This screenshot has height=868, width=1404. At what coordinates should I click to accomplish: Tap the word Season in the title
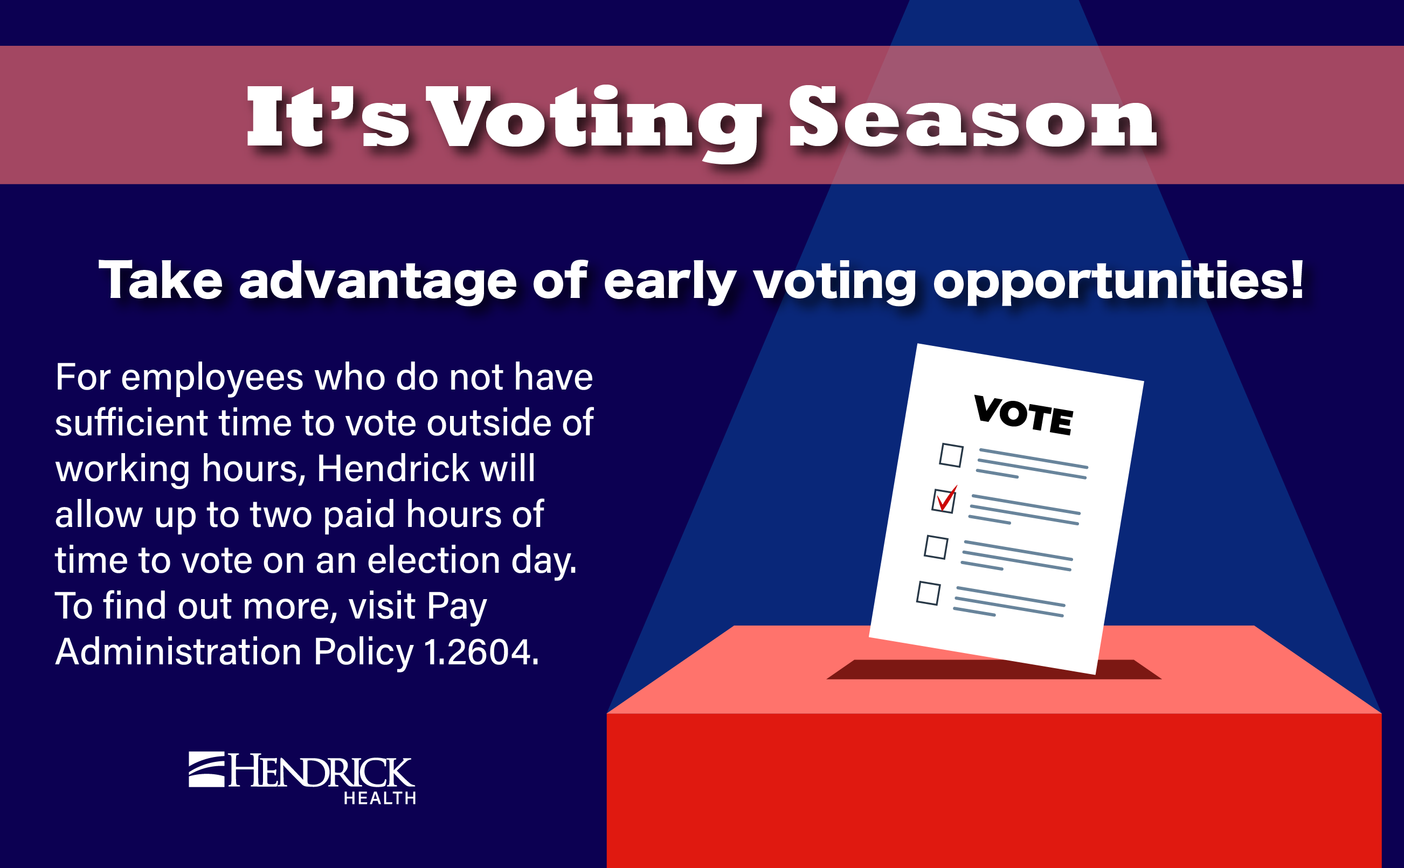tap(972, 117)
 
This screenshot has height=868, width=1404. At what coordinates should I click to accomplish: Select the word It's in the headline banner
tap(327, 117)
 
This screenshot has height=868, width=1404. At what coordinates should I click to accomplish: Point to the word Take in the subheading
tap(160, 281)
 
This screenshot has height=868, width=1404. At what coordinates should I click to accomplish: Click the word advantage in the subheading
tap(378, 281)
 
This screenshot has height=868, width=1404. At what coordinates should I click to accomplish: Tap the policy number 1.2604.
tap(481, 652)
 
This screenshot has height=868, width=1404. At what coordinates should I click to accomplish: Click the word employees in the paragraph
tap(212, 378)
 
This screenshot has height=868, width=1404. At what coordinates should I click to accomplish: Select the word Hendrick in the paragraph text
tap(393, 468)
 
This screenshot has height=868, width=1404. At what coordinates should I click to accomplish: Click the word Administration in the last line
tap(178, 652)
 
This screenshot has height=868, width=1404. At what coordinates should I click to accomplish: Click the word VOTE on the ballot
tap(1023, 415)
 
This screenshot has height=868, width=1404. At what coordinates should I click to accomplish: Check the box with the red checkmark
tap(944, 500)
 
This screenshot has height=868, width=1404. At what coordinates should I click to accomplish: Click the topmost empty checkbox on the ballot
tap(951, 455)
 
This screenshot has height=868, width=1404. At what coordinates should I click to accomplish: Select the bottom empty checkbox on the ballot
tap(928, 593)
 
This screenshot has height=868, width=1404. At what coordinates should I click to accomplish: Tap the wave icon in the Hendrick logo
tap(206, 769)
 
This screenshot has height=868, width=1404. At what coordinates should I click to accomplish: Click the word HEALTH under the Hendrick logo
tap(379, 798)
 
